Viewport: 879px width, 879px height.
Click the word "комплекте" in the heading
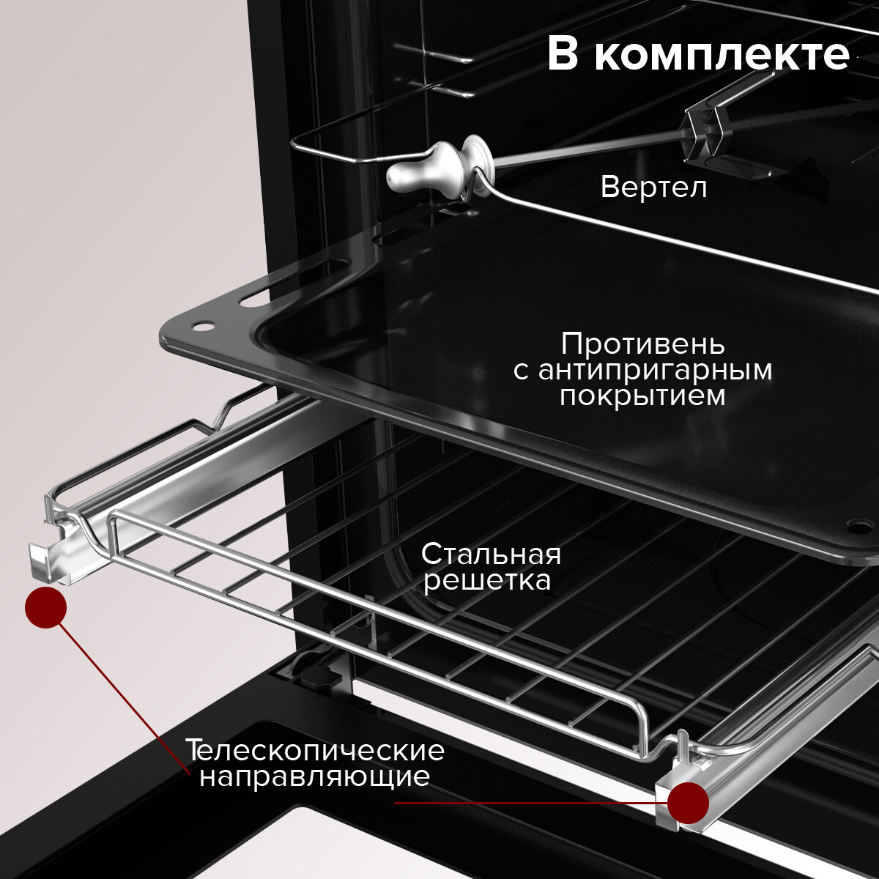point(722,55)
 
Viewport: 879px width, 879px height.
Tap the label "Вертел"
point(653,188)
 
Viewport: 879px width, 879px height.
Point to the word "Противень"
point(643,343)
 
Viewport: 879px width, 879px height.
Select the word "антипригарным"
point(654,370)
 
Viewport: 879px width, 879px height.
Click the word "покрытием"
point(642,396)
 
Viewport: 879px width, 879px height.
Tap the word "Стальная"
point(491,554)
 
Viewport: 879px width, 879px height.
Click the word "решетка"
point(487,581)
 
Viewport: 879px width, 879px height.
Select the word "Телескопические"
point(315,751)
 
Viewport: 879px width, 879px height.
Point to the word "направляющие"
point(315,776)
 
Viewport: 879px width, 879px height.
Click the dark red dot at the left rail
point(46,607)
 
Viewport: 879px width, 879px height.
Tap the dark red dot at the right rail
point(688,803)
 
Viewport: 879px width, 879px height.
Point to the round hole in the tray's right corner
point(856,525)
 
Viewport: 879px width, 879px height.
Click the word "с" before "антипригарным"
point(520,371)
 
